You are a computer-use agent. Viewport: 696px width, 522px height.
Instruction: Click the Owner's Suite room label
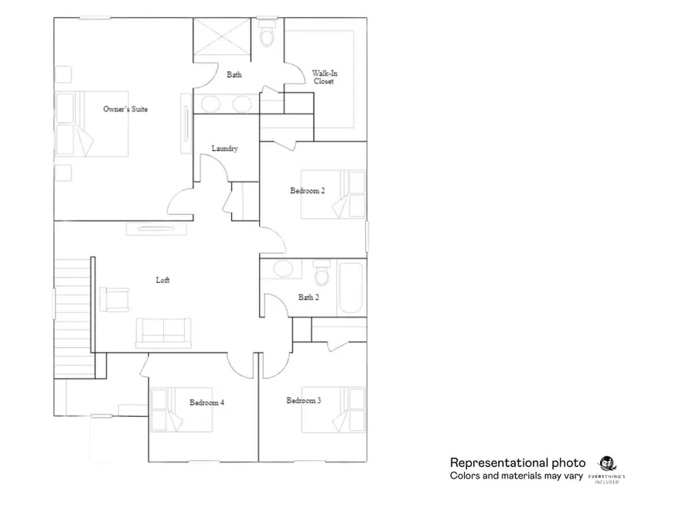pyautogui.click(x=125, y=109)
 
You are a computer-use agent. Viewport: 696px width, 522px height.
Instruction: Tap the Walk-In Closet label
pyautogui.click(x=324, y=77)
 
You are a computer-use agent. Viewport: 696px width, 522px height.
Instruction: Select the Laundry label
pyautogui.click(x=224, y=148)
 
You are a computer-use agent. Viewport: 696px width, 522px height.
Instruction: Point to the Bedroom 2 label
pyautogui.click(x=307, y=191)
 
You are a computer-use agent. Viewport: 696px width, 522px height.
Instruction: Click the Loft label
pyautogui.click(x=162, y=280)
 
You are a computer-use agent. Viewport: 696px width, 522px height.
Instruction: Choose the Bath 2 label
pyautogui.click(x=308, y=297)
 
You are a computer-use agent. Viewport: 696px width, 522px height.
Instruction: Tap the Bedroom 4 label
pyautogui.click(x=206, y=402)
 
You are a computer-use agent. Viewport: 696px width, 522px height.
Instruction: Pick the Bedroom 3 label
pyautogui.click(x=304, y=401)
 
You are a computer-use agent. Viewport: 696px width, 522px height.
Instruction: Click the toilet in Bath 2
pyautogui.click(x=322, y=273)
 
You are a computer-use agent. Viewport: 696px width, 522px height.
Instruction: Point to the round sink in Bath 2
pyautogui.click(x=283, y=269)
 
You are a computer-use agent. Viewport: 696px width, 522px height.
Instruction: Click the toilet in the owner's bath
pyautogui.click(x=268, y=35)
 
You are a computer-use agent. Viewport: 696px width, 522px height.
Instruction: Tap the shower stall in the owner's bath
pyautogui.click(x=223, y=36)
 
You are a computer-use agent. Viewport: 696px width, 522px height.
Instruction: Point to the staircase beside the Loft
pyautogui.click(x=73, y=317)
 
